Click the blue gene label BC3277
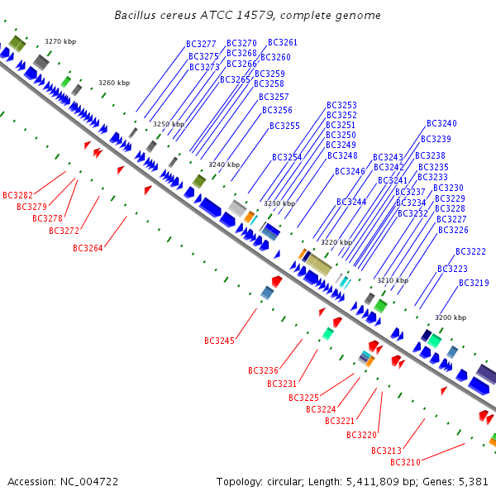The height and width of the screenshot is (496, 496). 201,44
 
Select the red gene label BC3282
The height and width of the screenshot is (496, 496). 17,195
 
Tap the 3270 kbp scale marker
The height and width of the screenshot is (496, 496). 60,41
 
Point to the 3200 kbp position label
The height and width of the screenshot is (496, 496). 451,317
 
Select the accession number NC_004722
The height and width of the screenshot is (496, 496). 89,482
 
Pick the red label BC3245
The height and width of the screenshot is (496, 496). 219,341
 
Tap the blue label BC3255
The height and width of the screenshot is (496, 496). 284,126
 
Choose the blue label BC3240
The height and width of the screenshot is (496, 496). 441,123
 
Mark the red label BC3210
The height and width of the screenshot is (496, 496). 405,462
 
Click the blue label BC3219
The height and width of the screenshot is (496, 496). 474,283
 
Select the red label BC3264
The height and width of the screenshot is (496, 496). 88,248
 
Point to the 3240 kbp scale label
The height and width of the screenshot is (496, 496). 224,165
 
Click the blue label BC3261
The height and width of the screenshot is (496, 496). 283,42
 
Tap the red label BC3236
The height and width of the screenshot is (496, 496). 263,370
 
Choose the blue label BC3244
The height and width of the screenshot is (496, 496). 351,202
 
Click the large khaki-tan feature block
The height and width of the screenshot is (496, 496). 318,265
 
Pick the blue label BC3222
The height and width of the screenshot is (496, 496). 470,251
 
